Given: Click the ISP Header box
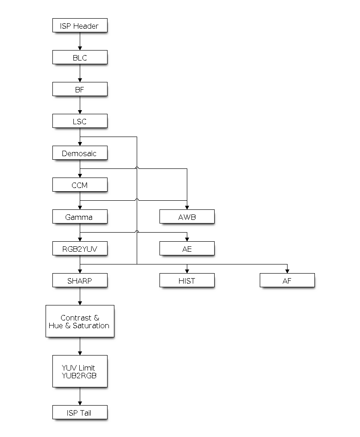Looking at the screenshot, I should (x=80, y=25).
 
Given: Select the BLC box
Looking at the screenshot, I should (x=80, y=57).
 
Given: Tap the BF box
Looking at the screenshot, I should (x=80, y=89).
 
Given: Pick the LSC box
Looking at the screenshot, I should (x=80, y=121).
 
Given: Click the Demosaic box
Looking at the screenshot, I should (x=80, y=153).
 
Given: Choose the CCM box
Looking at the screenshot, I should (x=80, y=185).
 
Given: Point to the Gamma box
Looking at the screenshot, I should (x=80, y=217).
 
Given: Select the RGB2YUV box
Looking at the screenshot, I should (x=80, y=249).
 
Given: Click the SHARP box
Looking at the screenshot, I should (x=80, y=280).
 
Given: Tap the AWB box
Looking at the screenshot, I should (x=187, y=217).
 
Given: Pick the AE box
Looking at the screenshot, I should (x=187, y=249).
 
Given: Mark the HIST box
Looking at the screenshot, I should (x=187, y=280).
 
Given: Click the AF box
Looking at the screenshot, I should (x=287, y=280).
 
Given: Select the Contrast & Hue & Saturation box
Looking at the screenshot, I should (x=80, y=321).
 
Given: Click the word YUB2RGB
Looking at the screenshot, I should (x=80, y=376).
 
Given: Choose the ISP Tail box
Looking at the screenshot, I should (x=80, y=412).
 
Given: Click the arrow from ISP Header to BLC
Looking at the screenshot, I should (x=80, y=41).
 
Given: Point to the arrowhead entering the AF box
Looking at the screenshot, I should (x=287, y=271).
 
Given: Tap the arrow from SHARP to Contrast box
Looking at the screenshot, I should (x=80, y=296).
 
